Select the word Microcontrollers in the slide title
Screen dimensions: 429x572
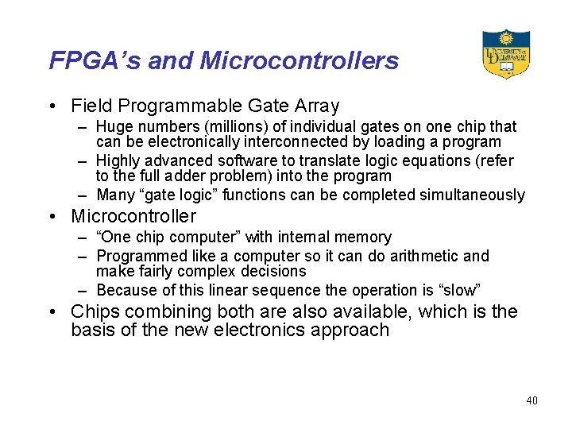[x=300, y=60]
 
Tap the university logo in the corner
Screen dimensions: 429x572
[x=506, y=54]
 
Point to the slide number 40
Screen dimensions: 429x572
[x=531, y=400]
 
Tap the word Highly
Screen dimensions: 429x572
[x=119, y=161]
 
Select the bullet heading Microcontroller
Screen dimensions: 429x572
[x=133, y=216]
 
